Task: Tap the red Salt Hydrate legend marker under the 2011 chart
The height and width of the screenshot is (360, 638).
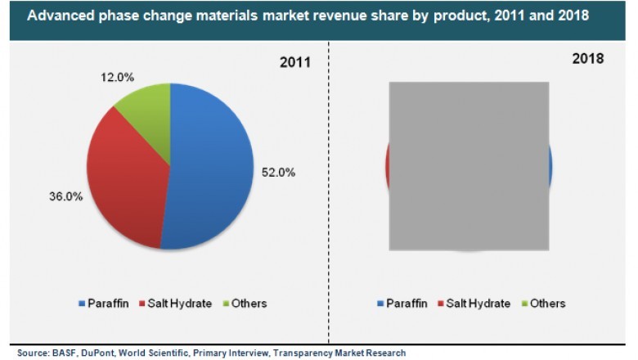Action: pyautogui.click(x=142, y=304)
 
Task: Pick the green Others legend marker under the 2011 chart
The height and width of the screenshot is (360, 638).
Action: pyautogui.click(x=225, y=304)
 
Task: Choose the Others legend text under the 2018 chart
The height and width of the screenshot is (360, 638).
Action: pyautogui.click(x=547, y=304)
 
